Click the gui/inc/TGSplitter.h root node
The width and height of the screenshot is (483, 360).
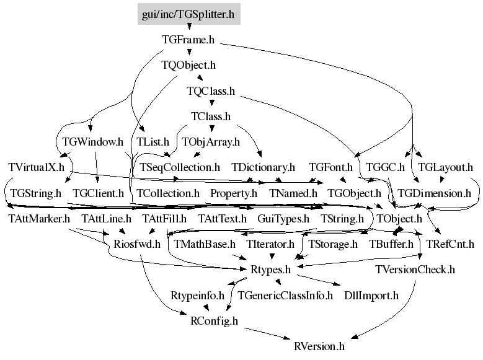point(189,14)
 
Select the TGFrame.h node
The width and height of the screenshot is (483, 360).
point(188,40)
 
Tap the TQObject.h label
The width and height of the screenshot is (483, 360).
point(188,65)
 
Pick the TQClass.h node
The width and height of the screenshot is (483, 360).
point(211,91)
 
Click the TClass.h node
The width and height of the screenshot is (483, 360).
point(211,116)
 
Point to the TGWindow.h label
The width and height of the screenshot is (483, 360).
point(93,142)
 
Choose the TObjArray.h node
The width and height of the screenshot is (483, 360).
point(211,142)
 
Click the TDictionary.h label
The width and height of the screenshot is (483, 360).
point(264,167)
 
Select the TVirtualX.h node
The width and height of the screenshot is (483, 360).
point(37,167)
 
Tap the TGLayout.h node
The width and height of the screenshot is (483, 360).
point(445,167)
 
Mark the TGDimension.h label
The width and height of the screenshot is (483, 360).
point(435,193)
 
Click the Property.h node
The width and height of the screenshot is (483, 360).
point(234,193)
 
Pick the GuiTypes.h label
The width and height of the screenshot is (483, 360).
point(283,219)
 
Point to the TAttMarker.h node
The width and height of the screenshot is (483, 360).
point(39,219)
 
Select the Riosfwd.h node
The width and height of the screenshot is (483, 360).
point(137,244)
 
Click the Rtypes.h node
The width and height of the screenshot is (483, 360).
point(271,270)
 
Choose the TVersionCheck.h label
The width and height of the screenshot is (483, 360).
point(415,270)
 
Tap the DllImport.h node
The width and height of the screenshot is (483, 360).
point(371,296)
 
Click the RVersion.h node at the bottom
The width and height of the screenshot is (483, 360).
point(319,346)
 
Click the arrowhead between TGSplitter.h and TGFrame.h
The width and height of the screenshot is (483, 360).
point(189,27)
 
